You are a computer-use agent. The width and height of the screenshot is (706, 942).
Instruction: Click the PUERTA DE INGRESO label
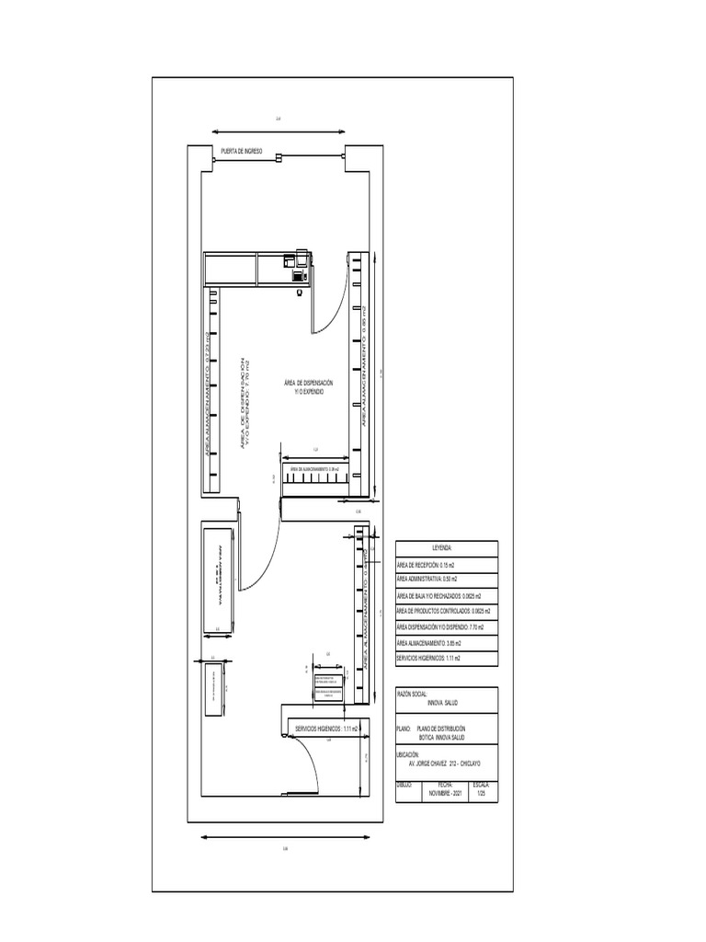241,150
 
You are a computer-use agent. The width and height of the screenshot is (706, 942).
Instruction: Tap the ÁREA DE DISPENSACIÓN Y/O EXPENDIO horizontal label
308,386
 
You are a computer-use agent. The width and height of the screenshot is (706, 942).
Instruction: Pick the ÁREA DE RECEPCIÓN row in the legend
430,565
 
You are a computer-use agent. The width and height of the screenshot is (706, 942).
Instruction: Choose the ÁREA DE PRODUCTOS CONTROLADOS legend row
443,611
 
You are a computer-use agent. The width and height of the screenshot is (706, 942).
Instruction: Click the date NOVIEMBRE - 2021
445,792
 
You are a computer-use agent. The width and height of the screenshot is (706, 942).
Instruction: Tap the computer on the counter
298,273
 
